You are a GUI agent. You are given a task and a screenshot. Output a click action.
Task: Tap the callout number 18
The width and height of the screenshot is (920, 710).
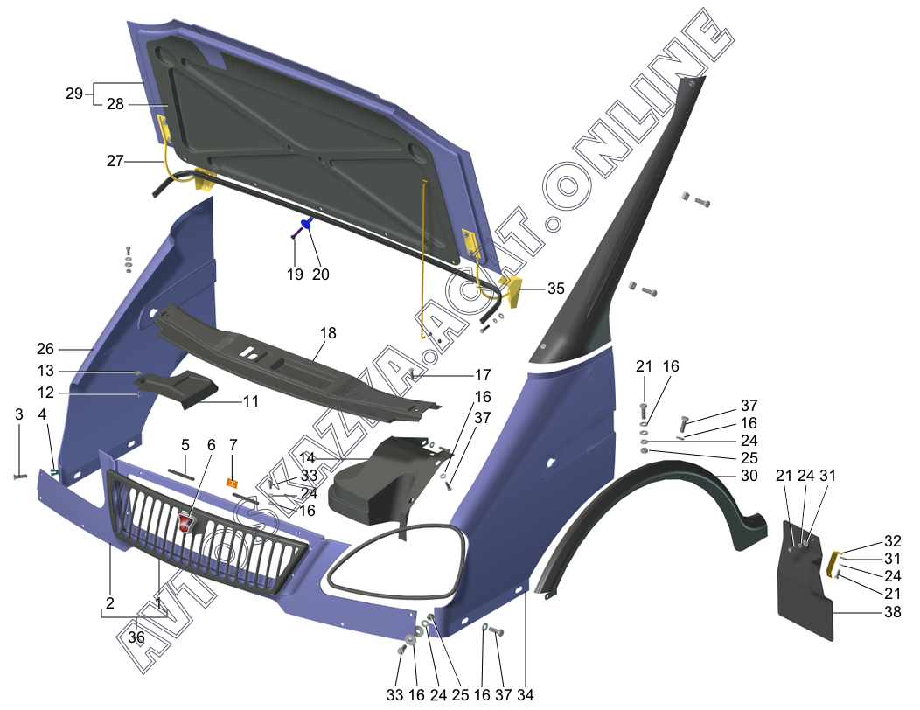point(328,333)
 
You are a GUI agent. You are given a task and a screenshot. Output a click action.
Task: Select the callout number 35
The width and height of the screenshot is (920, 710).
point(555,289)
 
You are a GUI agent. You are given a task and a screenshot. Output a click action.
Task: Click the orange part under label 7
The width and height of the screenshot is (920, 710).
point(233,483)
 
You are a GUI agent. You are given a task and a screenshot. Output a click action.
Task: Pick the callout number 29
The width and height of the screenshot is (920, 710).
point(73,93)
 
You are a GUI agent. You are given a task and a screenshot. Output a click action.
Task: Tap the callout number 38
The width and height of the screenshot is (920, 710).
point(892,612)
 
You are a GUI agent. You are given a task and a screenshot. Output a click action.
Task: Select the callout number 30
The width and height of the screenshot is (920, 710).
point(749,476)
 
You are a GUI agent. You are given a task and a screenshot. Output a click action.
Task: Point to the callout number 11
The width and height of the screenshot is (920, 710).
point(250,402)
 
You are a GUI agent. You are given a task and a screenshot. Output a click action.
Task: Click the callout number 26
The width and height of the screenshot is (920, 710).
point(45,348)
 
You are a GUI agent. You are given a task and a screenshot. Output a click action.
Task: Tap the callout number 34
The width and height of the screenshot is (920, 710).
point(525,695)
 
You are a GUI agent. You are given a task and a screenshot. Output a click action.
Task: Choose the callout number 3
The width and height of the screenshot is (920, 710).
point(19,414)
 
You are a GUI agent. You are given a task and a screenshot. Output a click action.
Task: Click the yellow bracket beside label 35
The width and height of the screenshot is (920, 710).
point(513,292)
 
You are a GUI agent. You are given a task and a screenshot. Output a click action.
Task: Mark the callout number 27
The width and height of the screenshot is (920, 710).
point(115,160)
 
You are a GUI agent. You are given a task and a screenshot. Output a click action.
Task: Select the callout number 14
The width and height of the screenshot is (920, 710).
point(306,458)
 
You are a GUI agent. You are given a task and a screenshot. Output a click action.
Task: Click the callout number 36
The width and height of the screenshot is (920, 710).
point(136,638)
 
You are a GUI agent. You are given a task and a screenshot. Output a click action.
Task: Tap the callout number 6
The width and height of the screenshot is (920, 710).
point(211,445)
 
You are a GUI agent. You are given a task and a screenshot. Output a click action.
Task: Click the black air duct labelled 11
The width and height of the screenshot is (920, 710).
point(184,388)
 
